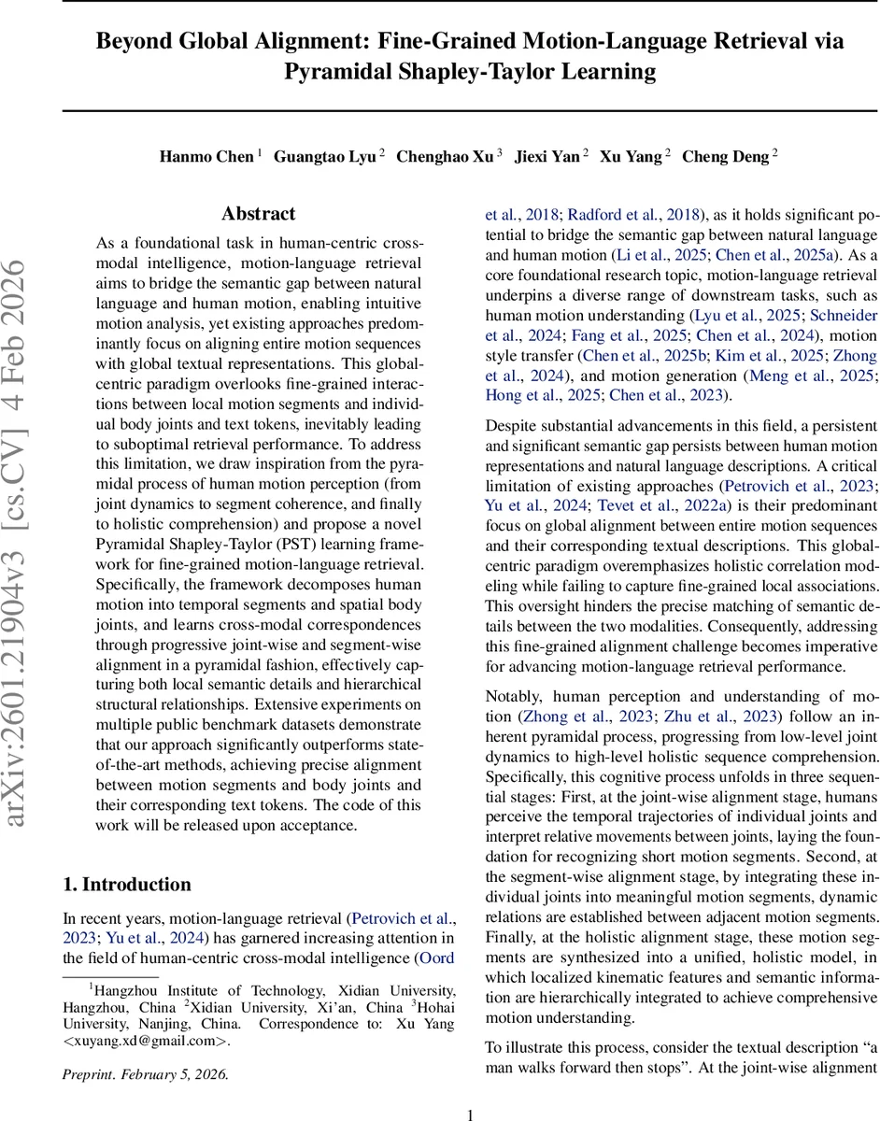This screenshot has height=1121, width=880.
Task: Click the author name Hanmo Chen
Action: [206, 156]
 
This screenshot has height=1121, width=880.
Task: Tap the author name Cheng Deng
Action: [725, 156]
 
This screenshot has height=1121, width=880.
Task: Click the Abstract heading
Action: [258, 214]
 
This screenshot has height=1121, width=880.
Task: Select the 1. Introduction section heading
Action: [127, 885]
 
